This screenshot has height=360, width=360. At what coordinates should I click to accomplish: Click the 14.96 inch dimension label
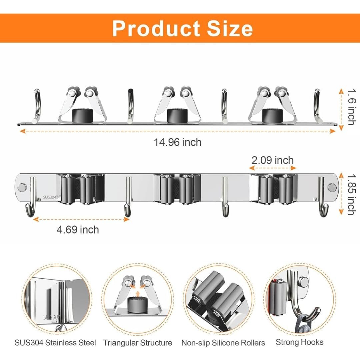click(177, 142)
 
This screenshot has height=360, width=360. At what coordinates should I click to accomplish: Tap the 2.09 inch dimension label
click(273, 160)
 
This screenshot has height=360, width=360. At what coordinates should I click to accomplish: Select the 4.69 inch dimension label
click(78, 230)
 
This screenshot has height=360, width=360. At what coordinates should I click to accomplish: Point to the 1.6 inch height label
click(352, 107)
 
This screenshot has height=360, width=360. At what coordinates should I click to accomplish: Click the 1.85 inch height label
click(352, 195)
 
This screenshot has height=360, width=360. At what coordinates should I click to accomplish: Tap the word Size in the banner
click(230, 28)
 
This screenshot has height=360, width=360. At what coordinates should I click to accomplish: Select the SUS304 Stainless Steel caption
click(55, 343)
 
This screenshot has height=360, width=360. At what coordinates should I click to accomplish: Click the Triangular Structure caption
click(138, 343)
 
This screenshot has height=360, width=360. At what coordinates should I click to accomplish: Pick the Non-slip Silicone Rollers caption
click(223, 343)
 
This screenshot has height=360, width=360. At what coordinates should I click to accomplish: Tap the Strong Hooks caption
click(300, 342)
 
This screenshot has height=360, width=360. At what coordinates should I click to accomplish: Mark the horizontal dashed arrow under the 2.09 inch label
click(273, 168)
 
